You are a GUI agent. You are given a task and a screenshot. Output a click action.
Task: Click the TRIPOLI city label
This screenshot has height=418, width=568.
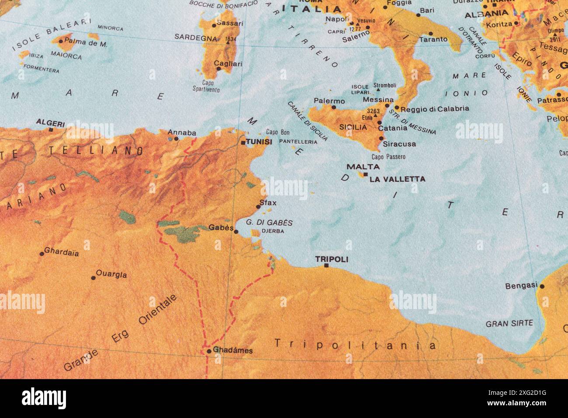332,259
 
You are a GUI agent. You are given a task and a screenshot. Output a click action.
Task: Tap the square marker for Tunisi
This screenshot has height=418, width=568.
243,143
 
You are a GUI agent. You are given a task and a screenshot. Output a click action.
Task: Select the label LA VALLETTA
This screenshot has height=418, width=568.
397,179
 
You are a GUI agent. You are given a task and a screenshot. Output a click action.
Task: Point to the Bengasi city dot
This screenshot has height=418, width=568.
542,286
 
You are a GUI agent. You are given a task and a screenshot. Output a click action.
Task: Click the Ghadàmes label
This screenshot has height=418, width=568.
233,350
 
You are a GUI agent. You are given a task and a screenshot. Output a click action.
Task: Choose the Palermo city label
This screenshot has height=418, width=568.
329,101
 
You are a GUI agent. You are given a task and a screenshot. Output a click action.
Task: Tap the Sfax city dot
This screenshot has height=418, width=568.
258,207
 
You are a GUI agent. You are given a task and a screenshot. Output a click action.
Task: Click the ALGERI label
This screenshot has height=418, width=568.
50,123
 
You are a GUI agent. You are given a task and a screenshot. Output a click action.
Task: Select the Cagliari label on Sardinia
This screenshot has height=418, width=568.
228,64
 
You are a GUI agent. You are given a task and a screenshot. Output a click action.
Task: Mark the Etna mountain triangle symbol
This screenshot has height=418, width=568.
375,116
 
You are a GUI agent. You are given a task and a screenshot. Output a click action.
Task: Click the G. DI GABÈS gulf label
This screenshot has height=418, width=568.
269,223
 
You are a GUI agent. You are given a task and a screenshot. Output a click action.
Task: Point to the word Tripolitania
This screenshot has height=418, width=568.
355,345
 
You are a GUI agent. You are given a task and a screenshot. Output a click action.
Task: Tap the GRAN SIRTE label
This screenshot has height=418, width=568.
509,324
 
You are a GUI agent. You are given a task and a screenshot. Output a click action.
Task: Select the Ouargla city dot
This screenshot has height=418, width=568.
93,278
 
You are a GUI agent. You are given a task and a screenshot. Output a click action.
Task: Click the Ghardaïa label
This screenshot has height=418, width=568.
62,252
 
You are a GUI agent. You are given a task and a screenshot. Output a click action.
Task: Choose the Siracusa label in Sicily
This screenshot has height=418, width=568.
399,144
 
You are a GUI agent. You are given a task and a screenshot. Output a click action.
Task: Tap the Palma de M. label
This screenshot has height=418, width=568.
86,43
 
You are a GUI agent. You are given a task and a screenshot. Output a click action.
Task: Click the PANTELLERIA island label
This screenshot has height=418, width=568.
298,142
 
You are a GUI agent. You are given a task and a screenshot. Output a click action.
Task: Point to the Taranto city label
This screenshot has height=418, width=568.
433,39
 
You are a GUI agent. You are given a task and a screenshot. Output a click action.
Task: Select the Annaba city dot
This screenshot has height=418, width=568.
176,139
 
